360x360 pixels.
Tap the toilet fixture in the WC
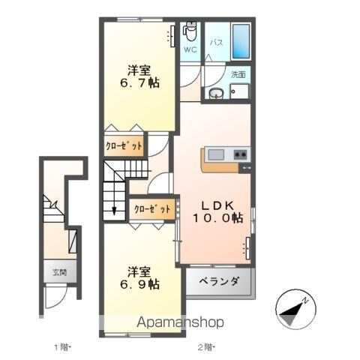pos(190,32)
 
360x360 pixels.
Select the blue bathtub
pos(241,38)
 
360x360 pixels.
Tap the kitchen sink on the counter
pos(215,154)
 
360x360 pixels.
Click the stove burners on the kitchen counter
pos(241,154)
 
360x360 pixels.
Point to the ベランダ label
pos(219,282)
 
